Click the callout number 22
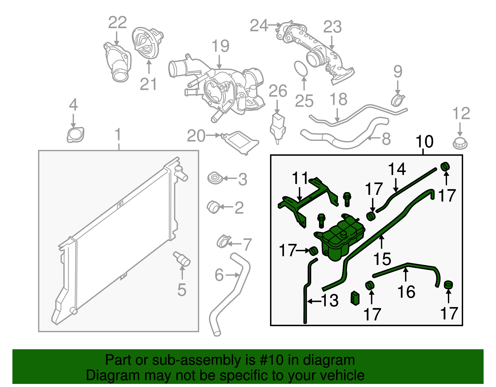pos(117,23)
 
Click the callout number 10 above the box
pos(424,142)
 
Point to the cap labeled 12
pos(460,143)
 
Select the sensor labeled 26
pos(278,125)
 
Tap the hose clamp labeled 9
pos(398,99)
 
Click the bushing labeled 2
pos(213,207)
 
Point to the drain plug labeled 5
pos(182,260)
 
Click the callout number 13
pos(330,301)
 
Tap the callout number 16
pos(406,292)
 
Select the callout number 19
pos(220,46)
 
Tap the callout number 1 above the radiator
pos(118,135)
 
